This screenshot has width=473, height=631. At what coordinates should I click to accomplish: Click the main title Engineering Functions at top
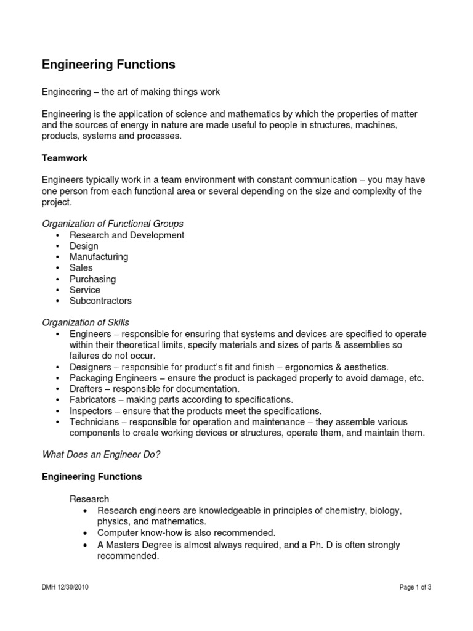point(108,65)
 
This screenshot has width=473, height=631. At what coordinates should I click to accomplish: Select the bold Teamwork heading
point(65,158)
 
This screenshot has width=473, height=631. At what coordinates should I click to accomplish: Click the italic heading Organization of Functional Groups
point(112,223)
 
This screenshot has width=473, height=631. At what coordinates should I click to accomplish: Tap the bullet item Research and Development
point(127,235)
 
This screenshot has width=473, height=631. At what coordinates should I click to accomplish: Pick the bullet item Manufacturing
point(99,256)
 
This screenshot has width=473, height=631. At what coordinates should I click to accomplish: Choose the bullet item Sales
point(81,267)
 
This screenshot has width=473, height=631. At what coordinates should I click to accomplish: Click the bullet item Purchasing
point(92,279)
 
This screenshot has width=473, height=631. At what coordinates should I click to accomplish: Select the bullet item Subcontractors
point(100,301)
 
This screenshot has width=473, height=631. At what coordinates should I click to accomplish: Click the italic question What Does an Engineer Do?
point(105,455)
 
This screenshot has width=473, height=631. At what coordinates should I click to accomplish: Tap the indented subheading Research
point(89,499)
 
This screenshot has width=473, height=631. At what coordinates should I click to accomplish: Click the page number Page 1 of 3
point(415,588)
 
